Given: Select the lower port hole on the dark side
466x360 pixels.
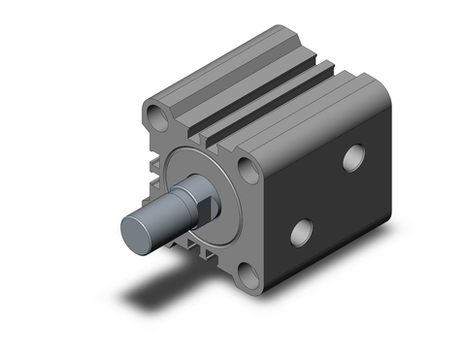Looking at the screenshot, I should coord(304,232).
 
